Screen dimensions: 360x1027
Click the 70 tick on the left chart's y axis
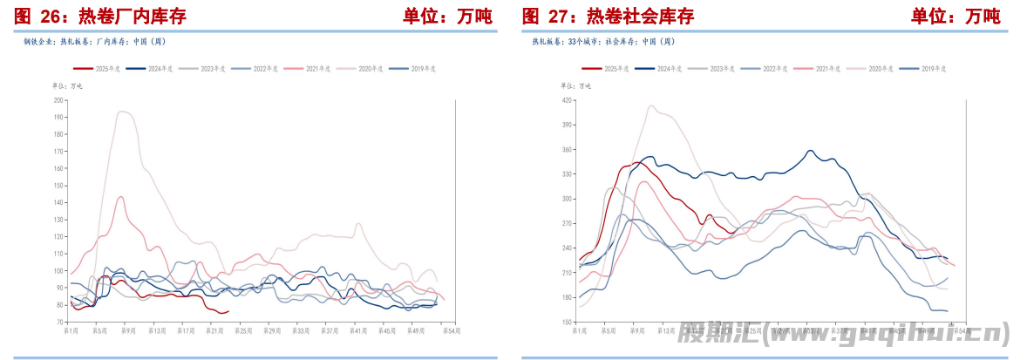point(60,323)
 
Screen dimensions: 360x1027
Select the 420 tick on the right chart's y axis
point(567,100)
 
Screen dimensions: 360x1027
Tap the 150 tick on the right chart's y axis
point(567,323)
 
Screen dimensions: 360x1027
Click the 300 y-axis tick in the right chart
point(567,199)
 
